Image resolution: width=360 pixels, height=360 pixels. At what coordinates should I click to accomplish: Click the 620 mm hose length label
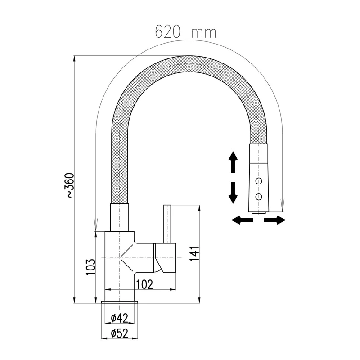coord(185,32)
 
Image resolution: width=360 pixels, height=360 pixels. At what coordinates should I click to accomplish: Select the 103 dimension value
coord(90,267)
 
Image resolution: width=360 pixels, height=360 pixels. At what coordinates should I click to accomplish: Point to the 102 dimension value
coord(144,284)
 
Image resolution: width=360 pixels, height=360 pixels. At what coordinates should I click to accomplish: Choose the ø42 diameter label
coord(119,318)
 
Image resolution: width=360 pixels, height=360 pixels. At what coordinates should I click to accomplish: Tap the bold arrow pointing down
coord(233,193)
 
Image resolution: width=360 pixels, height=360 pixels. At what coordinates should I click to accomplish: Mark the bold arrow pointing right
coord(274,220)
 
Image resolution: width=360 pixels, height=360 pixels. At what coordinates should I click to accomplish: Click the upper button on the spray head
coord(259,181)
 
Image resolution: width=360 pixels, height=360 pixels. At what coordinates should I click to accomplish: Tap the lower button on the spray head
coord(259,196)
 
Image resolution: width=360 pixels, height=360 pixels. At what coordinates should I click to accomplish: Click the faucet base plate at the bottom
coord(120,303)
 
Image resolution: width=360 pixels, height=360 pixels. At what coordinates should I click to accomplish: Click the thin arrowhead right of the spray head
coord(282,206)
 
